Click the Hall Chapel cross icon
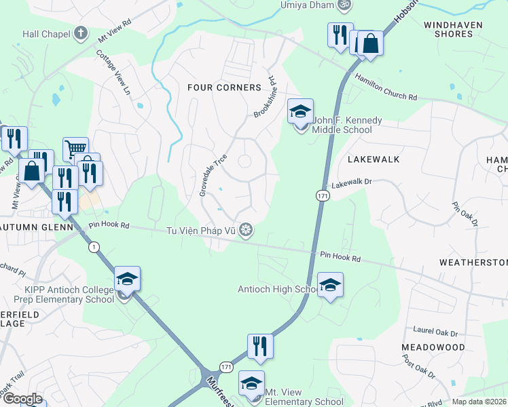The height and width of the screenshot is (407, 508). pyautogui.click(x=81, y=33)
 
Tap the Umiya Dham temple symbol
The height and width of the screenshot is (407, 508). pyautogui.click(x=344, y=5)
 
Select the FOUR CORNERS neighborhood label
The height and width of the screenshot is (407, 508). pyautogui.click(x=224, y=88)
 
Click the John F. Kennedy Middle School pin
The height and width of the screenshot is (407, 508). pyautogui.click(x=300, y=112)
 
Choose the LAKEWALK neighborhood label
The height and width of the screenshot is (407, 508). pyautogui.click(x=373, y=159)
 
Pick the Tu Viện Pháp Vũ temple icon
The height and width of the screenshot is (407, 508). pyautogui.click(x=249, y=231)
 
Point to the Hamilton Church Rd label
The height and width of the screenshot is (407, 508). pyautogui.click(x=385, y=88)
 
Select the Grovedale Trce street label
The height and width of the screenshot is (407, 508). pyautogui.click(x=213, y=176)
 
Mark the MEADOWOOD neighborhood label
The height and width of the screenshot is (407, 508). pyautogui.click(x=433, y=347)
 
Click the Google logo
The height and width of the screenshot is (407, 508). pyautogui.click(x=22, y=399)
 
